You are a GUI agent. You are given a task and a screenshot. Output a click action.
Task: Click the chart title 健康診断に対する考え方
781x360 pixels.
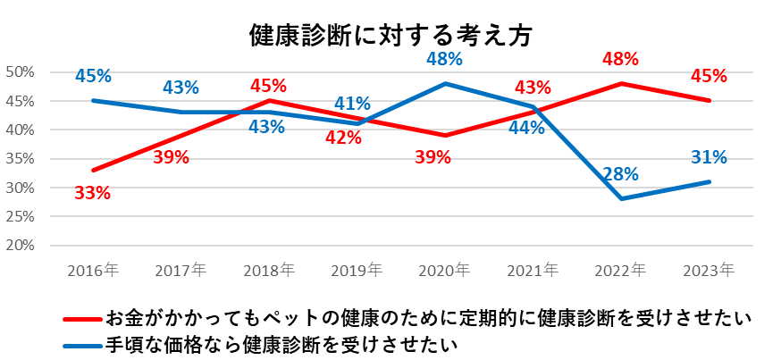(x=390, y=35)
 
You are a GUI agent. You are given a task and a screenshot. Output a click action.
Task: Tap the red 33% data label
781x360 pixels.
(x=92, y=193)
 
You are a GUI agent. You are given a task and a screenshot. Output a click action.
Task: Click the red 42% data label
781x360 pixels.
(x=343, y=138)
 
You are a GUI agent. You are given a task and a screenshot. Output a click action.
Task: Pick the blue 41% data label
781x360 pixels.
(x=352, y=104)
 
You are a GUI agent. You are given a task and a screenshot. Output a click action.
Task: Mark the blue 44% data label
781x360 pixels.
(x=527, y=128)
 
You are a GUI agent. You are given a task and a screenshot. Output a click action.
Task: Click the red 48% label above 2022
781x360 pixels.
(x=619, y=59)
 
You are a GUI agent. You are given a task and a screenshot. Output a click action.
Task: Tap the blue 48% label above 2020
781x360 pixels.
(x=443, y=59)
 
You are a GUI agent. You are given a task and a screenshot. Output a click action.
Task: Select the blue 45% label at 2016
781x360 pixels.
(x=93, y=76)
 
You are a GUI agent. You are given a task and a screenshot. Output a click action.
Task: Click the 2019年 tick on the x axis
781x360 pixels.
(x=357, y=269)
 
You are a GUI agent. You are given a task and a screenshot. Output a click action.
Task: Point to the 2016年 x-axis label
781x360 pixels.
(x=93, y=269)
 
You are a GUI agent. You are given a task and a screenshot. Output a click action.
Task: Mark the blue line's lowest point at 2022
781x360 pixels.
(x=620, y=198)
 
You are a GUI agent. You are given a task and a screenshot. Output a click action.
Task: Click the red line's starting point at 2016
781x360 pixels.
(x=93, y=170)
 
